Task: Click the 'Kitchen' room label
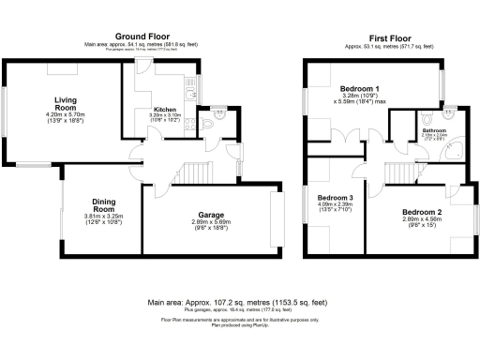[x=166, y=110]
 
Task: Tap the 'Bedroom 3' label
[x=335, y=198]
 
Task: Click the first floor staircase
[x=399, y=172]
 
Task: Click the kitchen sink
[x=192, y=88]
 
